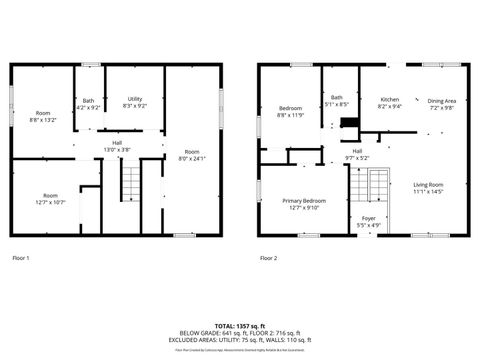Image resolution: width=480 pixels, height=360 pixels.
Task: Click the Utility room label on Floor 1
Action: click(x=135, y=102)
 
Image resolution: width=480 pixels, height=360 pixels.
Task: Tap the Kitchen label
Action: click(x=390, y=102)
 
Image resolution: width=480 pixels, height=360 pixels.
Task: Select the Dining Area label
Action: click(x=442, y=103)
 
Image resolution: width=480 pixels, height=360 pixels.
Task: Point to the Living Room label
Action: click(x=429, y=187)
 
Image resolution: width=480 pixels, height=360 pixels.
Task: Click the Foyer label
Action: click(x=369, y=222)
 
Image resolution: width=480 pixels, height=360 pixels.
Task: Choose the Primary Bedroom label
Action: click(x=304, y=204)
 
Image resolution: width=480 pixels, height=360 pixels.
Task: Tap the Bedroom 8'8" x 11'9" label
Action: click(x=290, y=111)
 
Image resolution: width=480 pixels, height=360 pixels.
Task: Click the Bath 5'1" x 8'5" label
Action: click(x=337, y=100)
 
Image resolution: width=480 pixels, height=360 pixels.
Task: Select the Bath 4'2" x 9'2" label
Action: click(x=88, y=102)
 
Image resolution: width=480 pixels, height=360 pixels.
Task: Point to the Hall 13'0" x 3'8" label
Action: click(x=117, y=146)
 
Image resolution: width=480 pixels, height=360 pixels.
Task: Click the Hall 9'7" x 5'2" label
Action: click(x=357, y=154)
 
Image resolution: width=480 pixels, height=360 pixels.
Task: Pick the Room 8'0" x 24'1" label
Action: click(x=192, y=154)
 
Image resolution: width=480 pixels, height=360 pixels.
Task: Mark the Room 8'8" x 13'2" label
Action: click(x=43, y=116)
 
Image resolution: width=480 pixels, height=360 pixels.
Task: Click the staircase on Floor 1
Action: click(x=132, y=185)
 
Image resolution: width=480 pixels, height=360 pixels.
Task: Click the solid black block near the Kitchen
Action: click(x=348, y=125)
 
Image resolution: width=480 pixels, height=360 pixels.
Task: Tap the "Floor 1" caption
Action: click(x=21, y=258)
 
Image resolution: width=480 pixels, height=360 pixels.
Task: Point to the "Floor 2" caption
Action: click(x=268, y=258)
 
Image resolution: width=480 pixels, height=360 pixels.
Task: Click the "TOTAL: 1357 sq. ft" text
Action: click(x=239, y=326)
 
